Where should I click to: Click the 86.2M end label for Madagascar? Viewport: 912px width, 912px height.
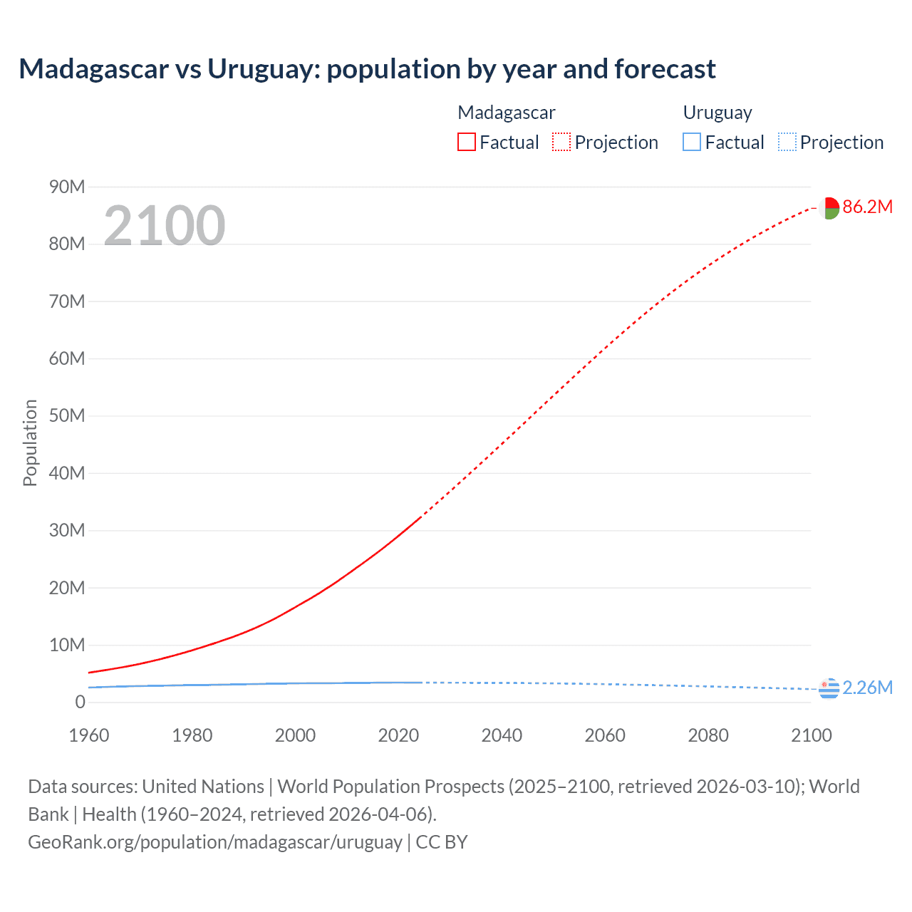[x=867, y=207]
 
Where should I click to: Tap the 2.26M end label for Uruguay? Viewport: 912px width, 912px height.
[x=867, y=688]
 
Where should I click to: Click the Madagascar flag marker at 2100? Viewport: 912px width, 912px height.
[x=829, y=208]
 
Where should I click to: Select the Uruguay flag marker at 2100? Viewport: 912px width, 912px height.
[x=829, y=688]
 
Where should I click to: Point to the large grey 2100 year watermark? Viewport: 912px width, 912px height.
[x=165, y=226]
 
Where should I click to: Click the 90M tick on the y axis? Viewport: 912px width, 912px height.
[x=67, y=187]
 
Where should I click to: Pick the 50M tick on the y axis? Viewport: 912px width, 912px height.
[x=67, y=415]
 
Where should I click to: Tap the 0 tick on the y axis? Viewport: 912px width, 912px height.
[x=80, y=702]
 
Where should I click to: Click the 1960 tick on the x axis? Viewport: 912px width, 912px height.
[x=89, y=735]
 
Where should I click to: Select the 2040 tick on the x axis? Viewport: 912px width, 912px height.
[x=502, y=735]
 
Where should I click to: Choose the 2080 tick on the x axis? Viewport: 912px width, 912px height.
[x=708, y=735]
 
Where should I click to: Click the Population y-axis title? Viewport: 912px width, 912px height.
[x=30, y=442]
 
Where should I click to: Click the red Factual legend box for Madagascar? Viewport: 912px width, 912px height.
[x=467, y=142]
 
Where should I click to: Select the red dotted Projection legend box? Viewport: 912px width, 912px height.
[x=561, y=142]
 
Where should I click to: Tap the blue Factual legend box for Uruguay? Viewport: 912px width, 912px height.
[x=692, y=142]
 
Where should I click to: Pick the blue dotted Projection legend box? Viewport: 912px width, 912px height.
[x=787, y=142]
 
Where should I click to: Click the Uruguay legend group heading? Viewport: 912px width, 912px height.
[x=717, y=113]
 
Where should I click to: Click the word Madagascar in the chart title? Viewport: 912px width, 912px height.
[x=94, y=69]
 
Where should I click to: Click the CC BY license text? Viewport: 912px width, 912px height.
[x=442, y=842]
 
